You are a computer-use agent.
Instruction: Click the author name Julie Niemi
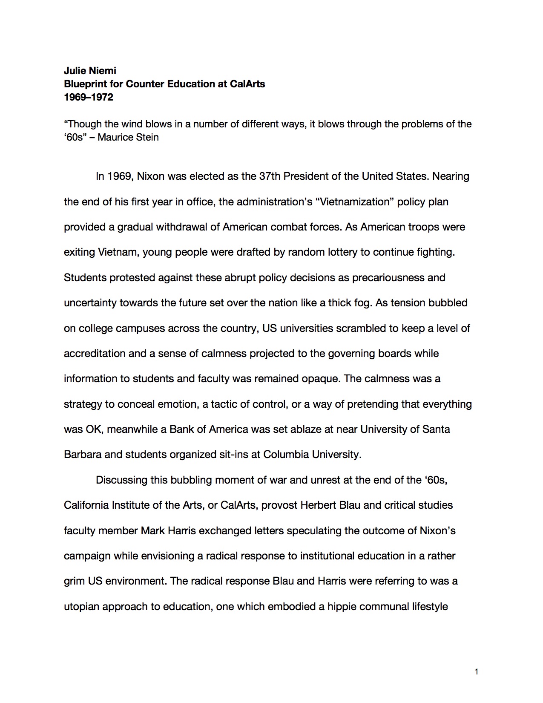(90, 71)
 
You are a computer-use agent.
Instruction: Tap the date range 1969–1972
(89, 97)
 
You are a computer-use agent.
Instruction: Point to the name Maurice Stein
(128, 137)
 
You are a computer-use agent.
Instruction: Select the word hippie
(342, 607)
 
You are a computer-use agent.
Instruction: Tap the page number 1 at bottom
(476, 672)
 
